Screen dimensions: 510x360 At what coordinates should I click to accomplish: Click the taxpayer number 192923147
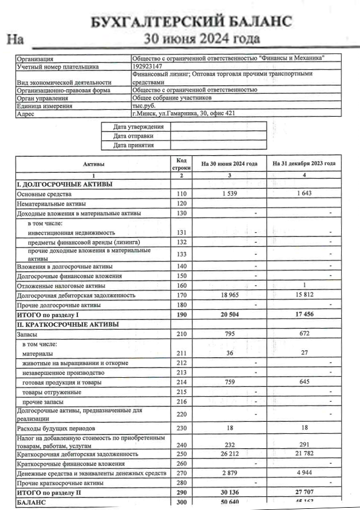(x=147, y=66)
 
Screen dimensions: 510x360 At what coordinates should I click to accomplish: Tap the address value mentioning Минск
(x=183, y=113)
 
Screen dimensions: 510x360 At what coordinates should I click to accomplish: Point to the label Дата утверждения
(x=138, y=126)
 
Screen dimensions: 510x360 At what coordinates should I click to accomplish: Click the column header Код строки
(x=181, y=164)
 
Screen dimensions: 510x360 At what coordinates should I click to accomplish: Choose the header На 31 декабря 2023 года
(x=304, y=164)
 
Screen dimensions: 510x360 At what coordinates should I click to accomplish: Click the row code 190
(x=181, y=315)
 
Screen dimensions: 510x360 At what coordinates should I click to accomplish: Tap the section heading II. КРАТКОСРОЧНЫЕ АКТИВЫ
(x=68, y=325)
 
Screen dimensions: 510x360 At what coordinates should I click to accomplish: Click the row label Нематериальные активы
(x=52, y=204)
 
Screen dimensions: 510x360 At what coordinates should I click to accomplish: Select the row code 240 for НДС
(x=181, y=445)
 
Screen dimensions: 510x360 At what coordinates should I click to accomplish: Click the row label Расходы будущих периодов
(x=55, y=428)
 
